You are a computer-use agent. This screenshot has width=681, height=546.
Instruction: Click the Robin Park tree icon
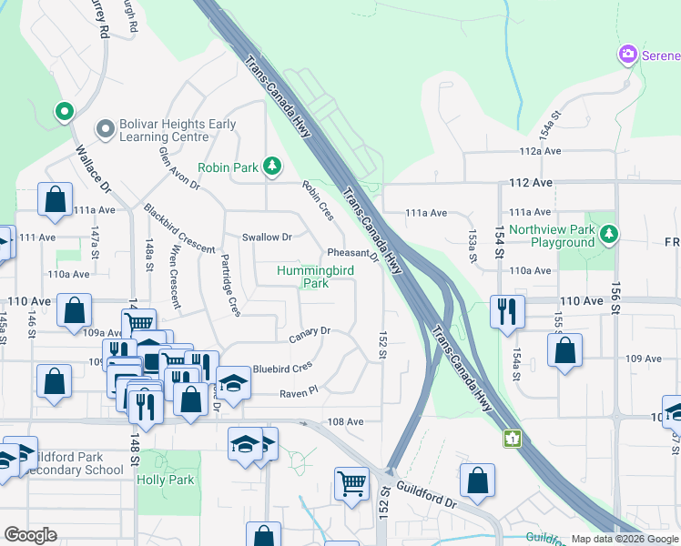(x=271, y=166)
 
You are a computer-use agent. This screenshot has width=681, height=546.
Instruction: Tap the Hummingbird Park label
(x=302, y=277)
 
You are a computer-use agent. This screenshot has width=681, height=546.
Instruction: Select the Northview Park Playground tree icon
(x=609, y=235)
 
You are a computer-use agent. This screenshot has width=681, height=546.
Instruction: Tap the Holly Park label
(x=166, y=480)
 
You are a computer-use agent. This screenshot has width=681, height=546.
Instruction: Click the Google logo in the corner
(x=30, y=535)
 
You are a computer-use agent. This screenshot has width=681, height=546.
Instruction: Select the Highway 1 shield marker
(x=513, y=439)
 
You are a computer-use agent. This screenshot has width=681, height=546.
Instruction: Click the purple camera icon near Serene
(x=627, y=56)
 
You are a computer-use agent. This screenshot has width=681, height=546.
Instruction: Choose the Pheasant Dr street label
(x=352, y=255)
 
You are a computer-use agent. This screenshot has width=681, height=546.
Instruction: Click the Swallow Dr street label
(x=266, y=238)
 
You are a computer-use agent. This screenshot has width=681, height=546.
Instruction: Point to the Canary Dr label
(x=310, y=335)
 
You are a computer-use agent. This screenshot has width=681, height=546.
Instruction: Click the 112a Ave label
(x=539, y=151)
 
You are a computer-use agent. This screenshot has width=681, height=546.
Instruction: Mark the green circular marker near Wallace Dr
(x=64, y=112)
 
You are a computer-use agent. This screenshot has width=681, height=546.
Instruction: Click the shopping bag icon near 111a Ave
(x=55, y=200)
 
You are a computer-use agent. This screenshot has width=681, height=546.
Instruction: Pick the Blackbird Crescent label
(x=178, y=228)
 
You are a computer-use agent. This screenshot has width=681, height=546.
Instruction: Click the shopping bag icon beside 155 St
(x=564, y=351)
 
